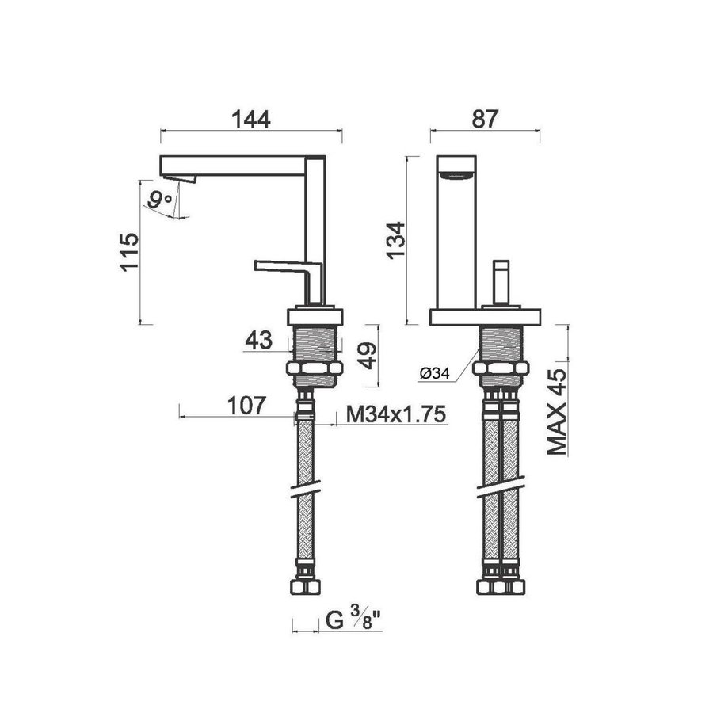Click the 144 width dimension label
click(x=251, y=119)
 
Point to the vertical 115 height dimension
click(x=128, y=252)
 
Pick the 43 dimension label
click(x=258, y=341)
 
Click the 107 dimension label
click(x=245, y=406)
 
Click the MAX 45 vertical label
click(x=559, y=411)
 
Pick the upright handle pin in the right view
click(x=501, y=280)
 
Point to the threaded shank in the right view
click(x=501, y=344)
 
